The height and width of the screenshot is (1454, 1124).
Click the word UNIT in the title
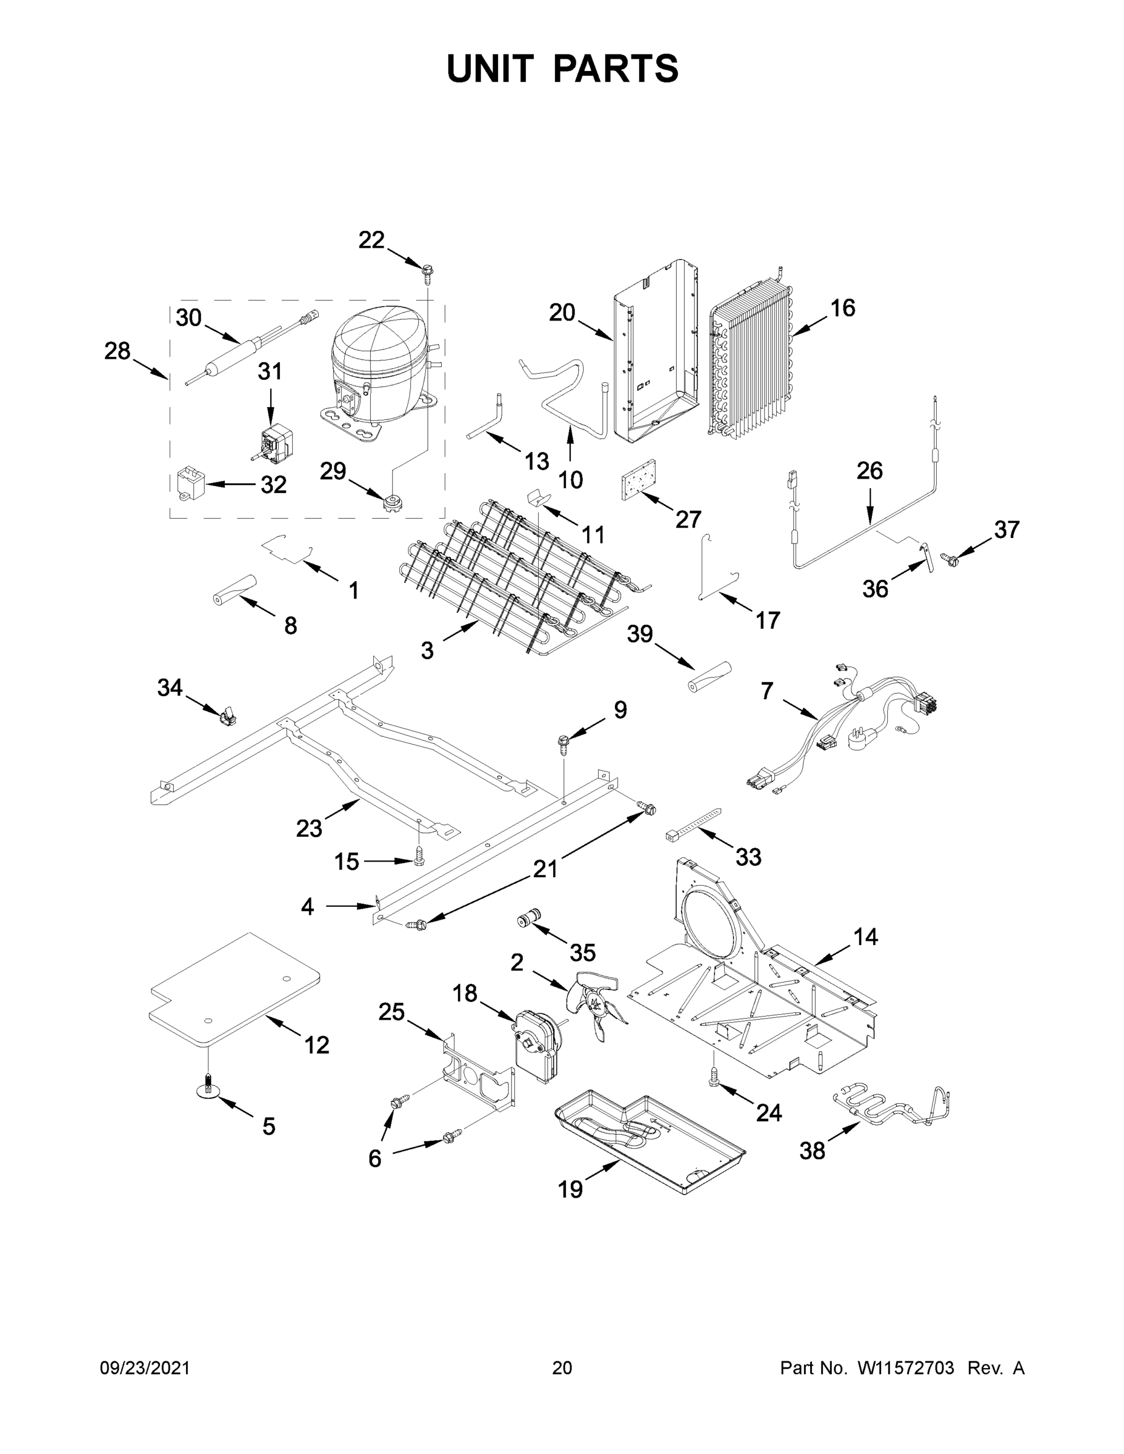tap(490, 68)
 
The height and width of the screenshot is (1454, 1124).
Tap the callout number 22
tap(371, 240)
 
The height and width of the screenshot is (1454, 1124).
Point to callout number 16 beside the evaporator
tap(842, 308)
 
